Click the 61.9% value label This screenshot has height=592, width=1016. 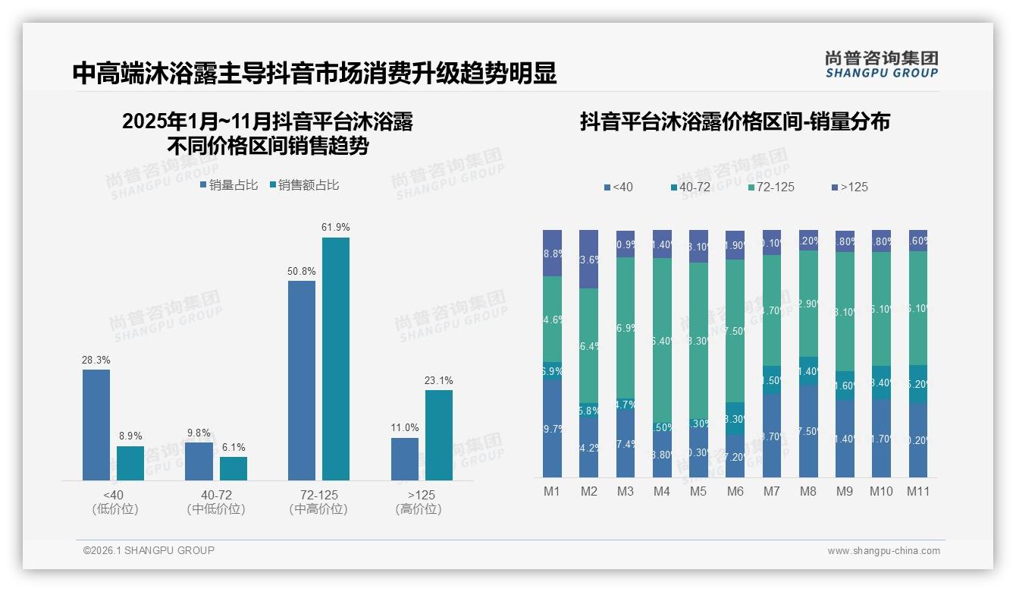(x=335, y=227)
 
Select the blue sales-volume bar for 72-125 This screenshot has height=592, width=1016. (x=302, y=380)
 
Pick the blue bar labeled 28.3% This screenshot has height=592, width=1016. (x=96, y=424)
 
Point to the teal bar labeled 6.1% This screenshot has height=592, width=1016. (x=234, y=468)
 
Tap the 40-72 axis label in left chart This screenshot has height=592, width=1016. (x=216, y=496)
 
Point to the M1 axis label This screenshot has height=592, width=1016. (x=552, y=491)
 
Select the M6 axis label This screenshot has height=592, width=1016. (x=735, y=491)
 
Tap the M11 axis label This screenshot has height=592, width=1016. (x=918, y=491)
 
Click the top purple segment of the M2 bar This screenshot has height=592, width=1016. (x=588, y=259)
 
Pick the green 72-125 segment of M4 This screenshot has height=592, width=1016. (x=662, y=340)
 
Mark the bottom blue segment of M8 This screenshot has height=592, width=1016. (x=808, y=430)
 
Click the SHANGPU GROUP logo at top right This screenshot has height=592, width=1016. (x=881, y=65)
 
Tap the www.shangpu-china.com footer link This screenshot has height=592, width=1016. (x=883, y=551)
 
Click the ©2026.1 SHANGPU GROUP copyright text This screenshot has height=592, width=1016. (x=149, y=550)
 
